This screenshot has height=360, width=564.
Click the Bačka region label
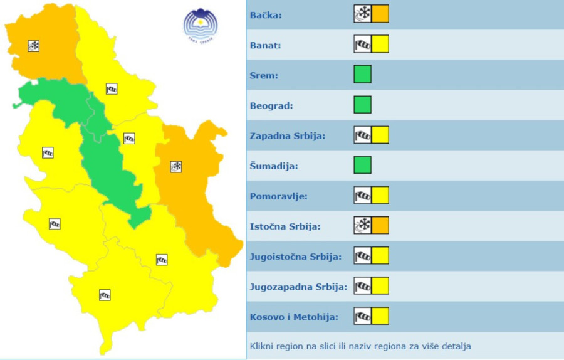click(265, 15)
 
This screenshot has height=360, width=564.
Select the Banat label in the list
click(265, 45)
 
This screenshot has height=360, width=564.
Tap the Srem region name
click(264, 75)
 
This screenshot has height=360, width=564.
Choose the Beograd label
click(270, 105)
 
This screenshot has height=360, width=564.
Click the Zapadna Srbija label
click(287, 135)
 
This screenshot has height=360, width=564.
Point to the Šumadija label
click(273, 166)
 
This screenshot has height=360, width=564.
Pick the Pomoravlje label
click(278, 196)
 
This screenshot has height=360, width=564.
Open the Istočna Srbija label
click(285, 226)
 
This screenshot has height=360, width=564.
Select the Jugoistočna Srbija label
click(295, 256)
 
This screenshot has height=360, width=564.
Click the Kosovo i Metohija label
click(294, 316)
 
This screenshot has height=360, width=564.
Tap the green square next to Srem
click(362, 75)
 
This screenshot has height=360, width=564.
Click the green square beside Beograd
click(362, 105)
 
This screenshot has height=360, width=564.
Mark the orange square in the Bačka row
click(380, 14)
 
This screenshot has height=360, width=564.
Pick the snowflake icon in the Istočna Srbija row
click(363, 225)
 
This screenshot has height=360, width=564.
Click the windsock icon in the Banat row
click(363, 45)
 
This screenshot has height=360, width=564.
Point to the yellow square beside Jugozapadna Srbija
click(380, 285)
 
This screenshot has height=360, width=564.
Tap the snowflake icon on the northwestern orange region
click(34, 46)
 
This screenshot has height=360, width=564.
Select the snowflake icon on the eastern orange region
click(176, 167)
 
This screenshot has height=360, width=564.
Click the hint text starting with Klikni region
click(360, 346)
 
